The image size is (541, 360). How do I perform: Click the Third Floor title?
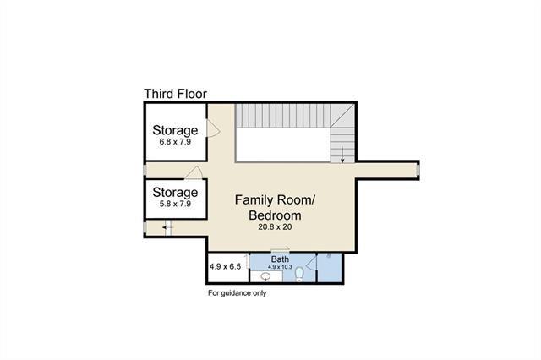tap(175, 94)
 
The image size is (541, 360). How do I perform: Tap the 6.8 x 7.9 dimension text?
tap(175, 142)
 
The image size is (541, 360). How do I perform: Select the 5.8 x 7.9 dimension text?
tap(175, 204)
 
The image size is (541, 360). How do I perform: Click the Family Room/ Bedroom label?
tap(275, 208)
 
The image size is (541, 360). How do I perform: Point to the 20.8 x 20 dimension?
tap(275, 226)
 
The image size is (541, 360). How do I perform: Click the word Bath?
tap(280, 259)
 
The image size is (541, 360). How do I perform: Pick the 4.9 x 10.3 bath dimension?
tap(280, 267)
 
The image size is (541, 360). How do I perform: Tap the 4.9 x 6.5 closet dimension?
tap(225, 266)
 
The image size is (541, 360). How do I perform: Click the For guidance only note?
tap(237, 293)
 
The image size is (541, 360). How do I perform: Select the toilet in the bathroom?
tap(299, 274)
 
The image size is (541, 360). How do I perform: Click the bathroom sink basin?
tap(265, 276)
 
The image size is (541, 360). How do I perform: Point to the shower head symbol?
tap(330, 256)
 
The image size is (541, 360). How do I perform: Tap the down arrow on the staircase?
tap(342, 155)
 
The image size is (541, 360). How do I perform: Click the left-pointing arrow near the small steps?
tap(167, 227)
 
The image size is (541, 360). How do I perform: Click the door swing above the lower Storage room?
tap(194, 172)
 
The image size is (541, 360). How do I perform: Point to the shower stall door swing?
tap(311, 263)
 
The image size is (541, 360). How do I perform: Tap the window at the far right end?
tap(418, 170)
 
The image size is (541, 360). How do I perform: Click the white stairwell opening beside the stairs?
tap(283, 145)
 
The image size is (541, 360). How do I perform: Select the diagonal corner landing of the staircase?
tap(342, 116)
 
